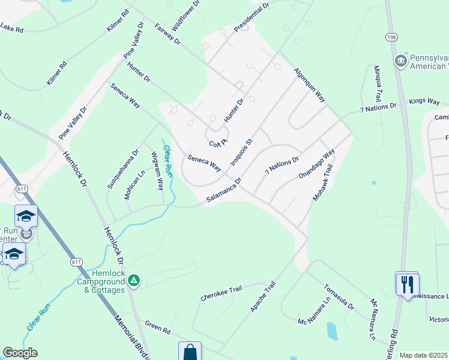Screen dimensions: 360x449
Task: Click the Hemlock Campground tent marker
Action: (x=135, y=279)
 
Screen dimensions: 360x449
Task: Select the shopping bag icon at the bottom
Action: (x=190, y=352)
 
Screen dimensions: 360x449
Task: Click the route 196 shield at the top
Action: (x=392, y=37)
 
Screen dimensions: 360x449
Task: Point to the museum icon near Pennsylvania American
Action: (x=401, y=61)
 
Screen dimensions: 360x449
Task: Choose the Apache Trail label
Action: (x=262, y=296)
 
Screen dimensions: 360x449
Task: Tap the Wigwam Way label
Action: (x=156, y=171)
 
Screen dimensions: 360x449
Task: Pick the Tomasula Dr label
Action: (x=337, y=297)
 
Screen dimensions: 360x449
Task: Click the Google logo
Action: (x=20, y=353)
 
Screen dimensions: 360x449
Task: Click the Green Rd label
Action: (x=158, y=328)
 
